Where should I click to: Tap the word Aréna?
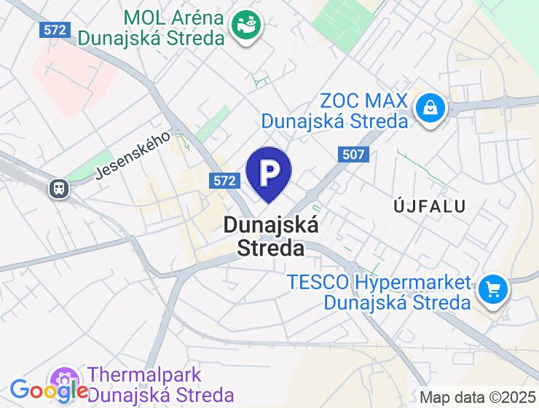point(194,17)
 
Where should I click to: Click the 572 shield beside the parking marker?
point(224,181)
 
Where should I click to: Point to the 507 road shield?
point(353,154)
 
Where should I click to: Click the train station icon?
point(58,189)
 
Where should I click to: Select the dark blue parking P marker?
point(269,173)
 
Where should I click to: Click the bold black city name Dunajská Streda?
point(271,236)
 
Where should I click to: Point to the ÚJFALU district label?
point(429,205)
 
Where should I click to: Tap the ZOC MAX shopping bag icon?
point(431,109)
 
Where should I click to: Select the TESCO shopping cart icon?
point(493,291)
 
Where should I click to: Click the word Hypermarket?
point(412,282)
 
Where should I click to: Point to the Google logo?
point(48,391)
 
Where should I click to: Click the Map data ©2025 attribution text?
point(477,398)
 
